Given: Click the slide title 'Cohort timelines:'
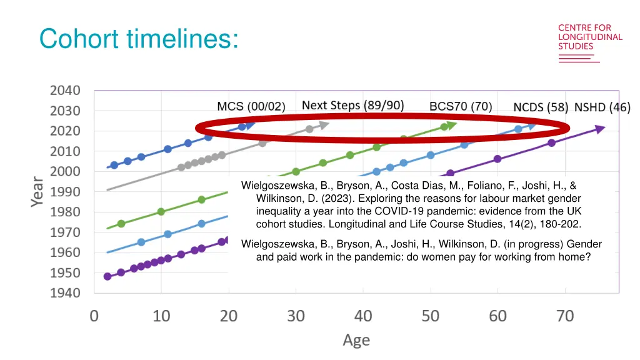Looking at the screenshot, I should coord(138,39).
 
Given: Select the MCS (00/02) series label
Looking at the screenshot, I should coord(251,106).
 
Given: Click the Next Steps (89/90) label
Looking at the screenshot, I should coord(353,105).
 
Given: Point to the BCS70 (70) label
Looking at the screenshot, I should coord(461,106).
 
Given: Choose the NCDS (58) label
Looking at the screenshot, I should coord(540,107).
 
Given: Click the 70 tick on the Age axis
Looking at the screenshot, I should coord(565,316).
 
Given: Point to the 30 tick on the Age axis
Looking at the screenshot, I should coord(296,316).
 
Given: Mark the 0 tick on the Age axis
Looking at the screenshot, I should coord(94,316).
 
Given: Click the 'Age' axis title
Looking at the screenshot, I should coord(356,341).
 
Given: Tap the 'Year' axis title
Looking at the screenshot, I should coord(38,192).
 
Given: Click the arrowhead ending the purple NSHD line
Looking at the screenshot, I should coord(601,129).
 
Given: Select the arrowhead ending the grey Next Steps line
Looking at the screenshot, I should coord(324,125).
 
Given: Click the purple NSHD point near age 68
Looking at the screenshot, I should coord(551,143).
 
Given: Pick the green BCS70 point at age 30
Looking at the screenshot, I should coord(296,171).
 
